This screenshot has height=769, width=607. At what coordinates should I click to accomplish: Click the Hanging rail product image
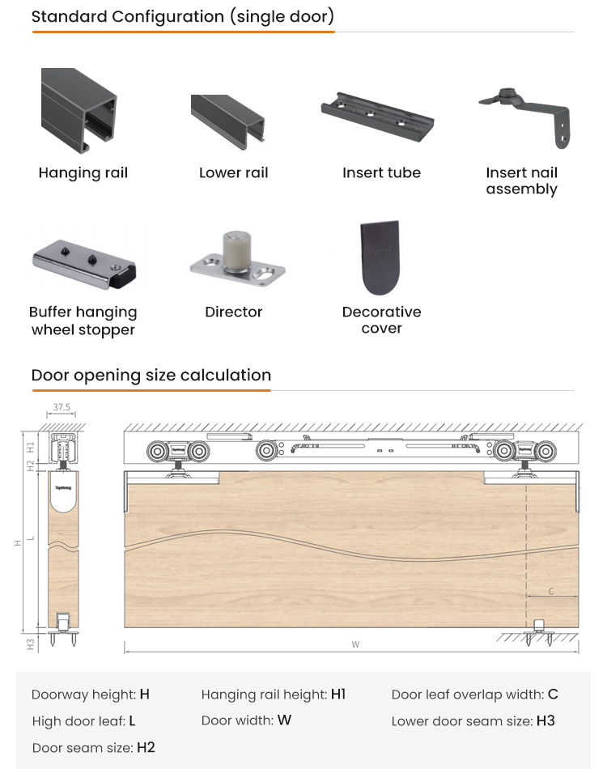(x=79, y=111)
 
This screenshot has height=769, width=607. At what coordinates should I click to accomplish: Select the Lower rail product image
(x=227, y=121)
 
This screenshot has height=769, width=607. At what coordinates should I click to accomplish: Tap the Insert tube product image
(x=377, y=117)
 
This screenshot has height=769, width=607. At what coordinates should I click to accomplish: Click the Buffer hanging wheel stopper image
(x=84, y=265)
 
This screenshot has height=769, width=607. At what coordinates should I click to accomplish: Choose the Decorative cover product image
(x=380, y=257)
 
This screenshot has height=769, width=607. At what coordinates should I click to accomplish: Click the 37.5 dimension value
(x=62, y=407)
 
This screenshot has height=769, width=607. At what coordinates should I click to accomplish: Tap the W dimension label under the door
(x=355, y=644)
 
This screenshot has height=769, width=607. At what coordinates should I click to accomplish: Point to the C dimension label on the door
(x=551, y=591)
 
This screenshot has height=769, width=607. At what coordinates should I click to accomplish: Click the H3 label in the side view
(x=31, y=644)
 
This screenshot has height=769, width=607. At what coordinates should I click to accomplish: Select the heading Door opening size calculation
(x=151, y=376)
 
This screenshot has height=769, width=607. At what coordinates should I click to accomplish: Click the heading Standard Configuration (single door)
(x=183, y=17)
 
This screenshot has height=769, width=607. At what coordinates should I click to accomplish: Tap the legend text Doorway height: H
(x=90, y=695)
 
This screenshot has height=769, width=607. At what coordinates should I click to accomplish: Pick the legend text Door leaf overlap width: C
(x=474, y=695)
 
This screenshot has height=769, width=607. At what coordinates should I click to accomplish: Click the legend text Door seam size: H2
(x=93, y=748)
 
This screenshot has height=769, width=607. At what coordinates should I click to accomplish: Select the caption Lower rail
(x=233, y=172)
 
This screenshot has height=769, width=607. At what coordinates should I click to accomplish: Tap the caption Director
(x=233, y=312)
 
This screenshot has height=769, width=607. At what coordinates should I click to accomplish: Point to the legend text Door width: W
(x=246, y=720)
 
